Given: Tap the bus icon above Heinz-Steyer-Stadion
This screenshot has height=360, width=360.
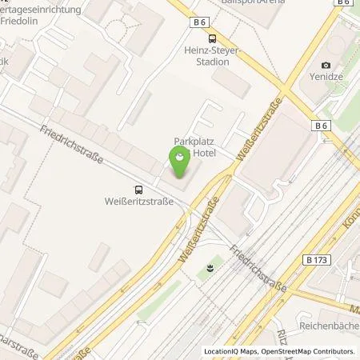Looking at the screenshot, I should pyautogui.click(x=212, y=38).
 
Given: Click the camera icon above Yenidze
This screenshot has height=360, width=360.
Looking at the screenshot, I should pyautogui.click(x=325, y=65).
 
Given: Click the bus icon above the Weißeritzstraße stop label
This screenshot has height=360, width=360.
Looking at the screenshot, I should pyautogui.click(x=140, y=189).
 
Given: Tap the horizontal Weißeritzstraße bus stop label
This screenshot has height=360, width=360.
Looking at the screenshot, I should pyautogui.click(x=139, y=202).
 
